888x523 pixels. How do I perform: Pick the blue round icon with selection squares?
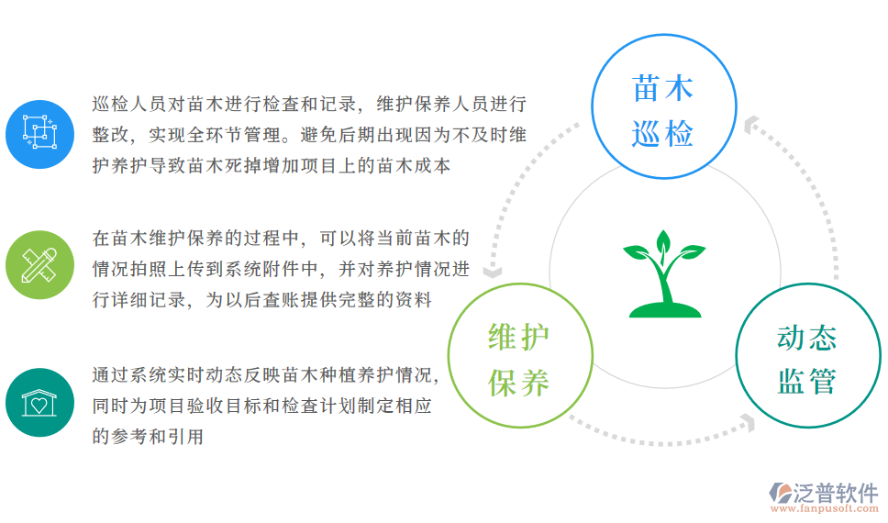tap(39, 134)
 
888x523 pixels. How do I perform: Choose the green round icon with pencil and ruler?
tap(39, 264)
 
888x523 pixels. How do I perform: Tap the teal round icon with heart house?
tap(39, 402)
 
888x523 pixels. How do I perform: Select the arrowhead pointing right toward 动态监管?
tap(748, 422)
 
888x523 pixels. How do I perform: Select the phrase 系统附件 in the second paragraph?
tap(263, 269)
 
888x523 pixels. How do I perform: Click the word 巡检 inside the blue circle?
tap(663, 135)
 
